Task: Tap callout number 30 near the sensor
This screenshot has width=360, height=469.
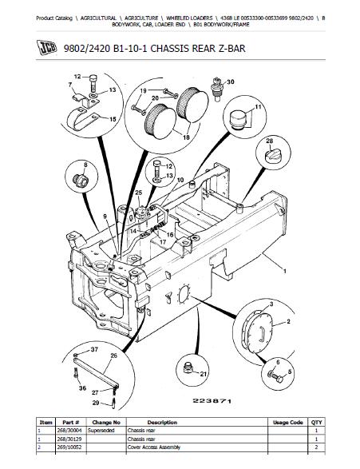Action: coord(231,82)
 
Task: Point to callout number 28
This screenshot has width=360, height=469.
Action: coord(269,141)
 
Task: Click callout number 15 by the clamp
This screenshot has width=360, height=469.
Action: coord(113,118)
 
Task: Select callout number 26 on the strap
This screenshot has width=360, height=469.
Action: coord(113,356)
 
